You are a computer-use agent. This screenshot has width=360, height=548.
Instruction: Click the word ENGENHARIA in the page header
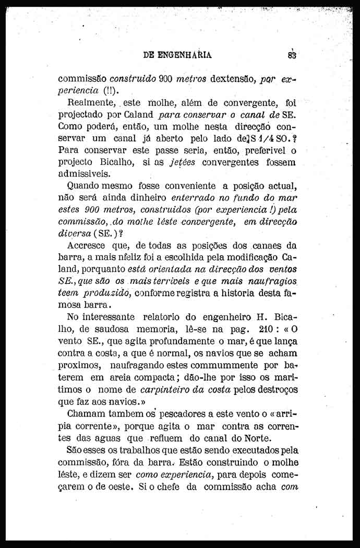184,55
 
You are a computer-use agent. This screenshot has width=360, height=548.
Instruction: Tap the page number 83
291,55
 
